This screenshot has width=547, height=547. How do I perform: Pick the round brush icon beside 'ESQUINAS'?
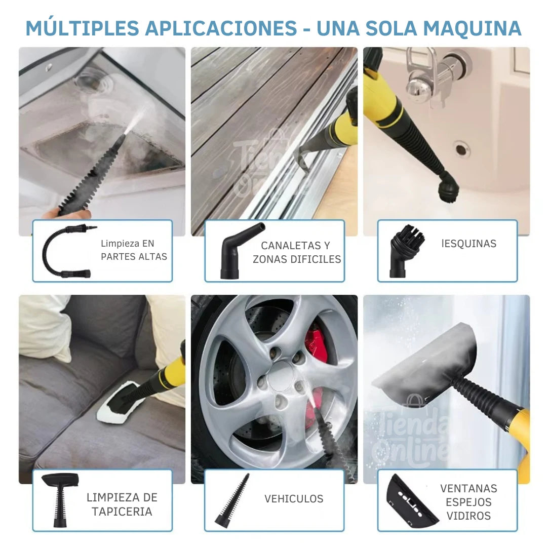coord(405,251)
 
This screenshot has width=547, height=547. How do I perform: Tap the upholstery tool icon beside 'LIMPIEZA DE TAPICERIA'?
coord(60,499)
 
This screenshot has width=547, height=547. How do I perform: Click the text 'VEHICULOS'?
coord(294,499)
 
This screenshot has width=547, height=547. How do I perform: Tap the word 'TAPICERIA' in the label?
coord(122,511)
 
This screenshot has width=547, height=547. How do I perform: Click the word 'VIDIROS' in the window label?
coord(468,516)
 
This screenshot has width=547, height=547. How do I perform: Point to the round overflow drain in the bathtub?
coord(461,149)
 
